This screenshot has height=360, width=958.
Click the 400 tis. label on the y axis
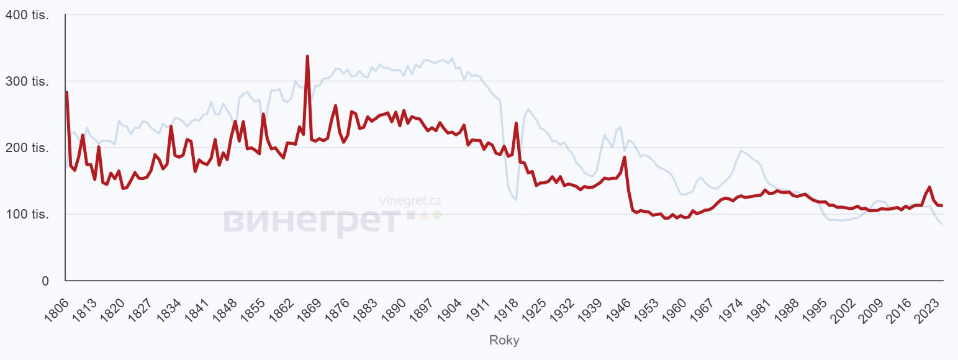point(27,15)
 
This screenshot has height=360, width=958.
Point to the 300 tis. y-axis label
point(27,81)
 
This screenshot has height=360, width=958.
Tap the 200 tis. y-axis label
point(27,148)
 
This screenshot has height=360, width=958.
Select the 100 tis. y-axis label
point(27,214)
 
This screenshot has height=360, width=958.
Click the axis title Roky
point(504,340)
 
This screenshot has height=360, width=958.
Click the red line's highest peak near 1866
point(307,56)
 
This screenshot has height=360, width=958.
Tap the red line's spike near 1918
point(516,123)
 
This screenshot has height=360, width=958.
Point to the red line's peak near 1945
point(625,157)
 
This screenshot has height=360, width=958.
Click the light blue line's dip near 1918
point(516,199)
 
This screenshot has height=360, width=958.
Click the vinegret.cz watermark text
point(410,201)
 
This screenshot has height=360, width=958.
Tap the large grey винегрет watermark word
point(310,221)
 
